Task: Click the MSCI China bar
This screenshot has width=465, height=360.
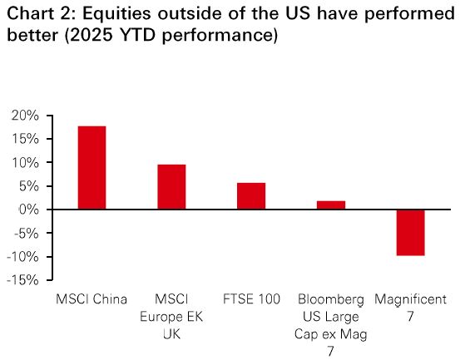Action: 92,168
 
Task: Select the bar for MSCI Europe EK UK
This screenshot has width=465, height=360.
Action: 171,187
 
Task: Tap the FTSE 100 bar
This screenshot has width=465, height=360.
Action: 251,196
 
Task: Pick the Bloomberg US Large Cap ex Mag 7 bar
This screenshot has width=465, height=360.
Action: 331,205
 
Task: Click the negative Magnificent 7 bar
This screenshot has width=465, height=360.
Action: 411,233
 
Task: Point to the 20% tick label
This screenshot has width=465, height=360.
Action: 25,116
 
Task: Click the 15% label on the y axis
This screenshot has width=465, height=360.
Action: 25,139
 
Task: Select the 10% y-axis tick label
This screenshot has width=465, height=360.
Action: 25,162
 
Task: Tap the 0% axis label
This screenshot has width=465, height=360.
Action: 29,210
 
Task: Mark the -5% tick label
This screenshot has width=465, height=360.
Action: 27,233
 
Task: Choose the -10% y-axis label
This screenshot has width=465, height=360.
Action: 22,257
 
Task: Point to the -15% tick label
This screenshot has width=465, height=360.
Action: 22,280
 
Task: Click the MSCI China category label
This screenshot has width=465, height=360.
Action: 92,299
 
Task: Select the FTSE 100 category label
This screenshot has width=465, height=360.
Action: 251,299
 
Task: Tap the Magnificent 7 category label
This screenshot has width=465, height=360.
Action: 410,308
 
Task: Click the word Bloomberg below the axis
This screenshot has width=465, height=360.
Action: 331,299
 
